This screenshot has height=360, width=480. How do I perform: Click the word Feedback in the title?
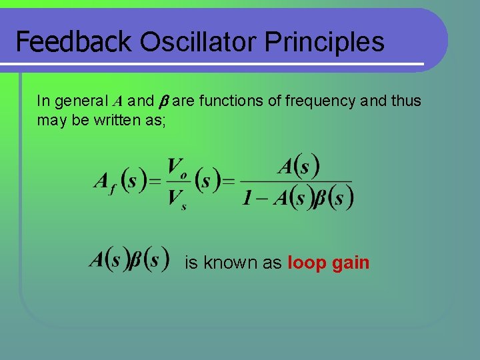(x=74, y=42)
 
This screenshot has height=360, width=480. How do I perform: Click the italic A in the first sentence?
(x=117, y=101)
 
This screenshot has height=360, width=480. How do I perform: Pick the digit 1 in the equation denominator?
(x=247, y=198)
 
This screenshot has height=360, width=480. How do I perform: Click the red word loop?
(x=307, y=263)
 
